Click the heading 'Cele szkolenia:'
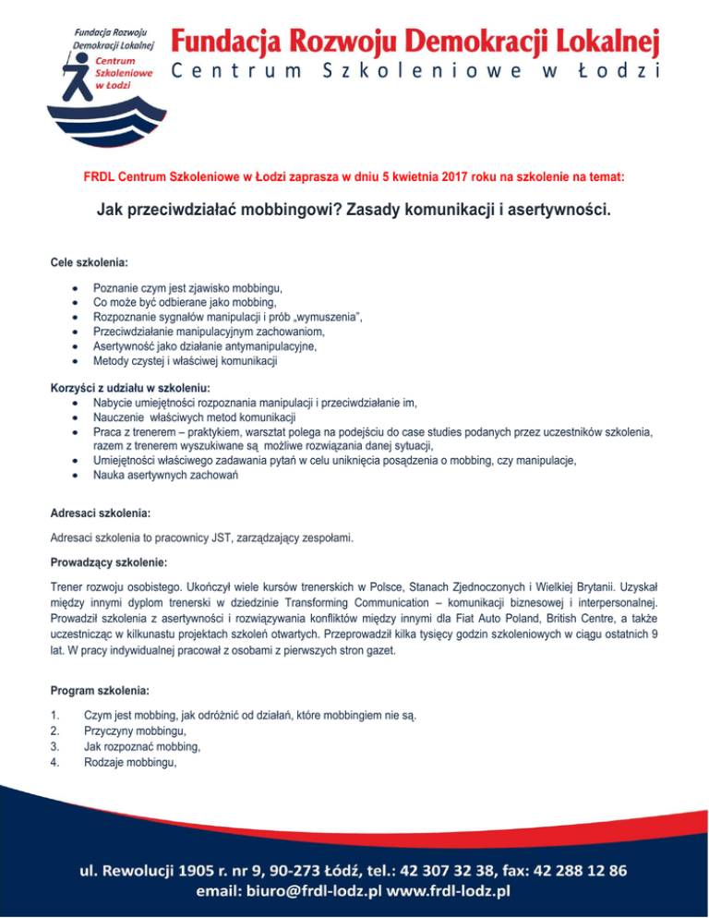(88, 263)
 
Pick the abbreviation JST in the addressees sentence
(252, 537)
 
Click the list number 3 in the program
(54, 745)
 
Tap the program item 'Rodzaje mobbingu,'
(128, 761)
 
